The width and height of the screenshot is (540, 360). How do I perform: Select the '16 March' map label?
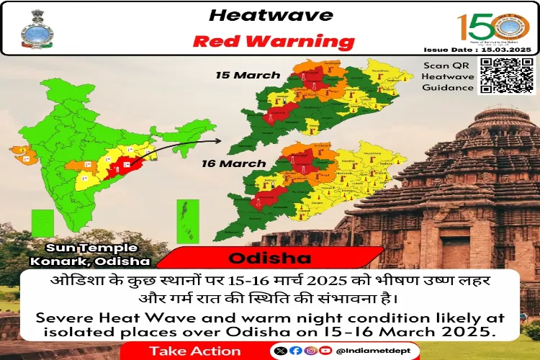tap(234, 164)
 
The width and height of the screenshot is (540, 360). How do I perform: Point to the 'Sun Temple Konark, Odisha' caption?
tap(91, 254)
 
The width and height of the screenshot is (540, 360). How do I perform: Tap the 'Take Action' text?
tap(195, 351)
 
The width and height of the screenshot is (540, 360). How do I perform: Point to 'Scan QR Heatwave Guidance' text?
tap(449, 76)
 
